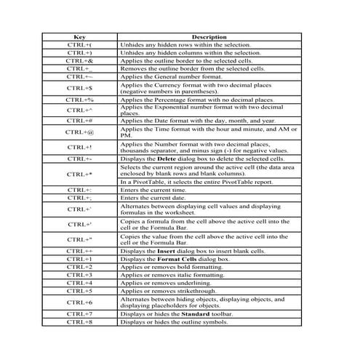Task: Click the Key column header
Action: [79, 37]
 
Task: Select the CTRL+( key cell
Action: [79, 45]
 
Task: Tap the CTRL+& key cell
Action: [79, 60]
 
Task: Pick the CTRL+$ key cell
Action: [79, 87]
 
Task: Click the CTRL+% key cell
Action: [79, 100]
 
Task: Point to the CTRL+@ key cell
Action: [79, 132]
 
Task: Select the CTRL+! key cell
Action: [79, 147]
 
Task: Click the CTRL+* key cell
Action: [79, 175]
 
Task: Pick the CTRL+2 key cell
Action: [79, 267]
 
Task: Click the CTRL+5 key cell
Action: [79, 291]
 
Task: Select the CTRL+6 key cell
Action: [79, 302]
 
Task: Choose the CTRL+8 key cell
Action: [79, 321]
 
